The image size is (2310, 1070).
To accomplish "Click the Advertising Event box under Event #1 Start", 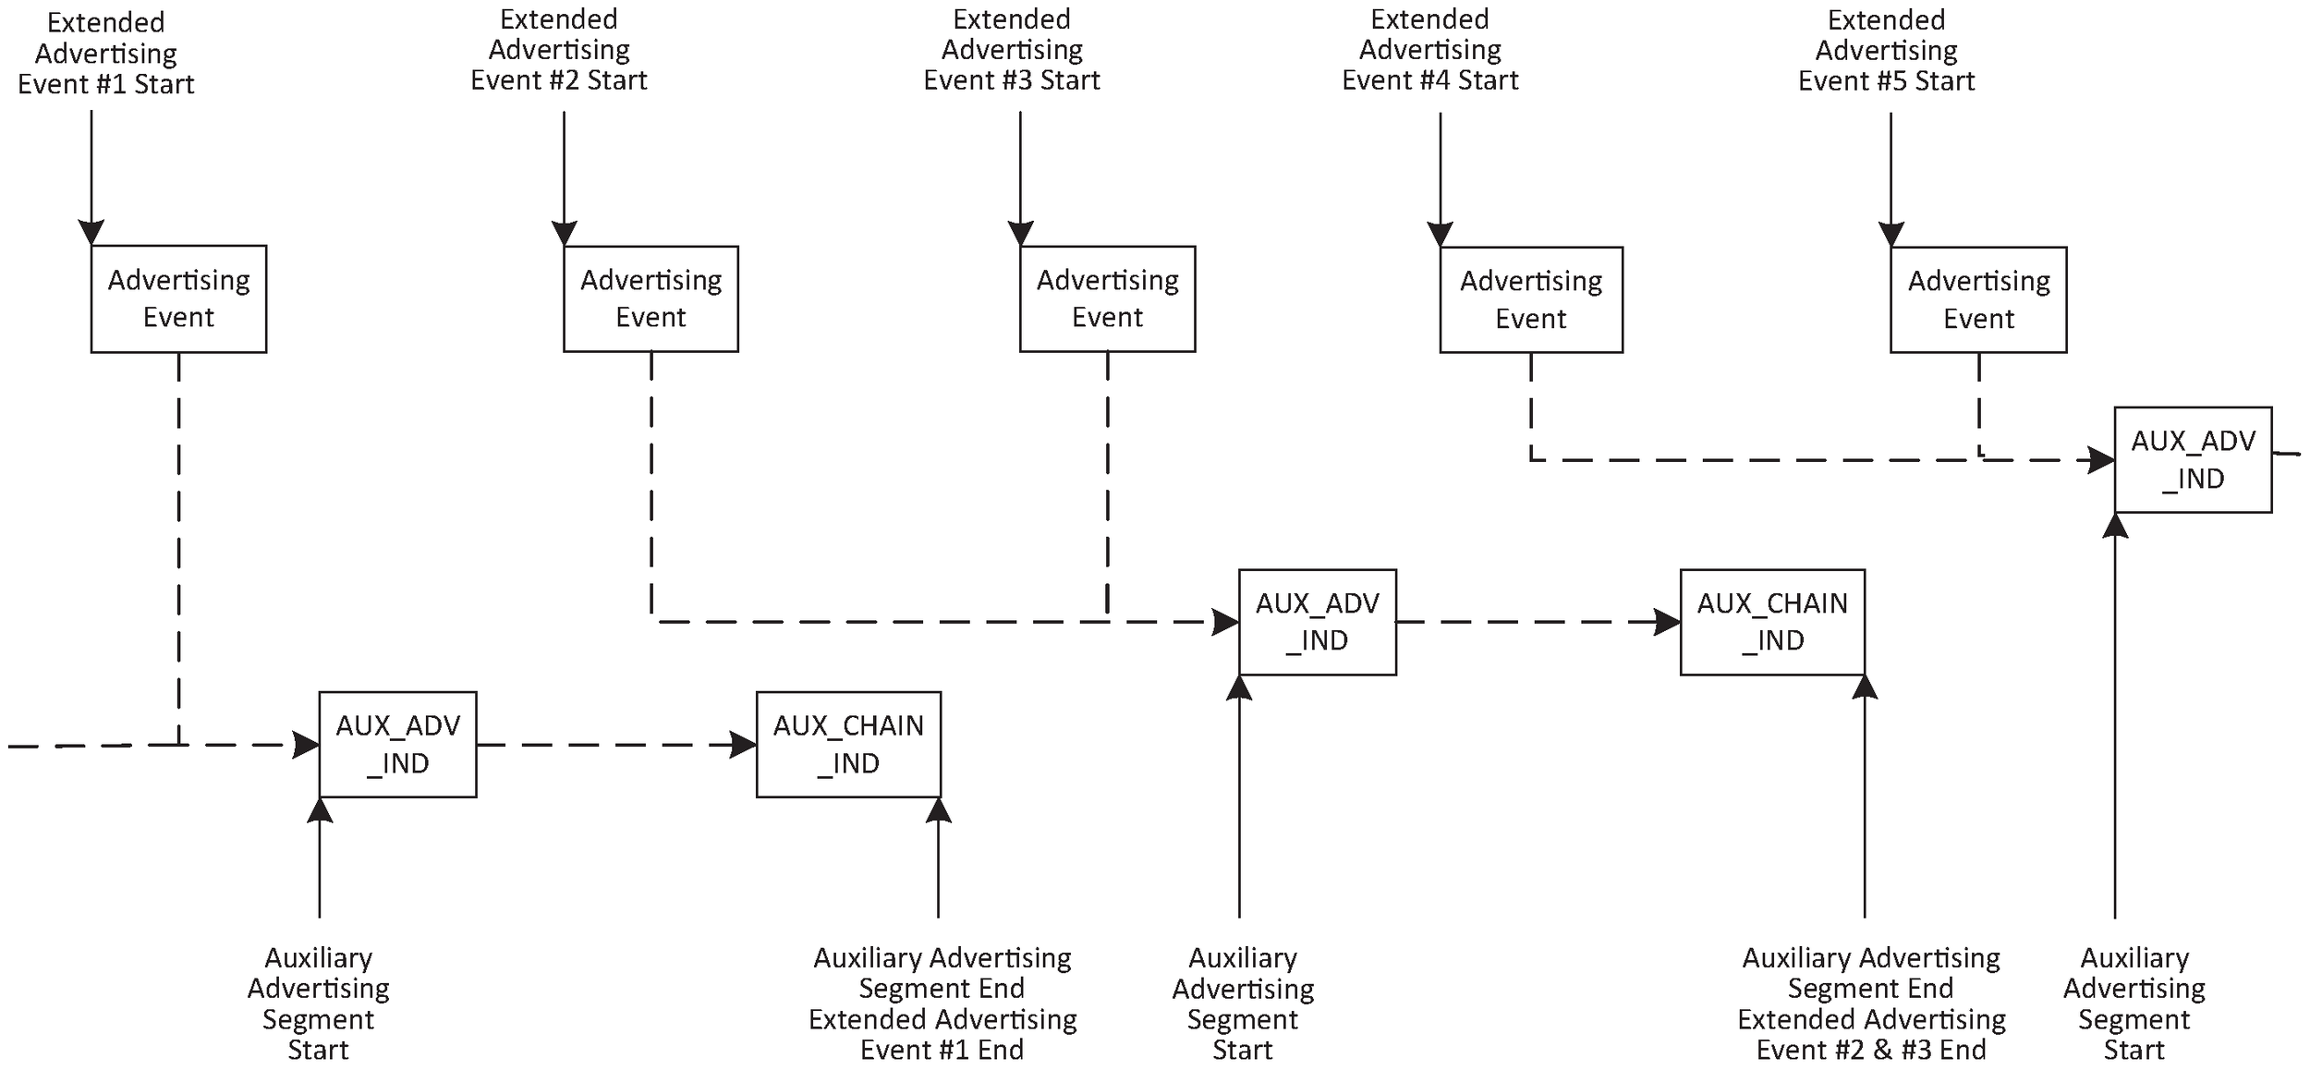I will tap(178, 298).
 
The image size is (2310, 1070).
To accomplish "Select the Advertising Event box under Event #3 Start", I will tap(1107, 298).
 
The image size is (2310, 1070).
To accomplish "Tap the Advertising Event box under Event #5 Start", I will tap(1978, 299).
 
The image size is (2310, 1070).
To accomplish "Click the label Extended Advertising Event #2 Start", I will tap(558, 50).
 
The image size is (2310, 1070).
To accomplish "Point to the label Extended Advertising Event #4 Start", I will tap(1429, 50).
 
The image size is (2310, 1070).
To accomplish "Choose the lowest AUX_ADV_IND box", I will tap(397, 744).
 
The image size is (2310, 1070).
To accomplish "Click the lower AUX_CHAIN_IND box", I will tap(848, 744).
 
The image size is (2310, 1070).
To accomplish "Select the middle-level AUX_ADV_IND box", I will tap(1317, 622).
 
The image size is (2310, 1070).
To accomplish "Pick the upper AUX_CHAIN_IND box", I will tap(1772, 622).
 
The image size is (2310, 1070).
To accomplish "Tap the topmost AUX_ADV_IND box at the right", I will tap(2193, 459).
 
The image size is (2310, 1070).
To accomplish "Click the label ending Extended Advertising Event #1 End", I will tap(942, 1003).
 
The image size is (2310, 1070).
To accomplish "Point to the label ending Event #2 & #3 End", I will tap(1870, 1003).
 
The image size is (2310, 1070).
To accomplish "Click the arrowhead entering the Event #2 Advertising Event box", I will tap(564, 234).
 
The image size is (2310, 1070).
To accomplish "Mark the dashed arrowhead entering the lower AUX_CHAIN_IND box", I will tap(744, 745).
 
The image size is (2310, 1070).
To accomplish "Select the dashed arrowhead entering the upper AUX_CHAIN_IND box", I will tap(1667, 622).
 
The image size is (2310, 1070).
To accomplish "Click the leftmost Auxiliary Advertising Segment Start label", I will tap(318, 1003).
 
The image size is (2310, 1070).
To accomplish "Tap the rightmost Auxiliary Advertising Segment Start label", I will tap(2134, 1003).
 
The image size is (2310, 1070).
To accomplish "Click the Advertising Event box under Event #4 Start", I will tap(1530, 299).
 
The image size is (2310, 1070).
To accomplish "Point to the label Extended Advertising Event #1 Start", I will tap(105, 54).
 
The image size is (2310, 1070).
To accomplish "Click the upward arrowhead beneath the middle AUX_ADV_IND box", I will tap(1239, 687).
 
